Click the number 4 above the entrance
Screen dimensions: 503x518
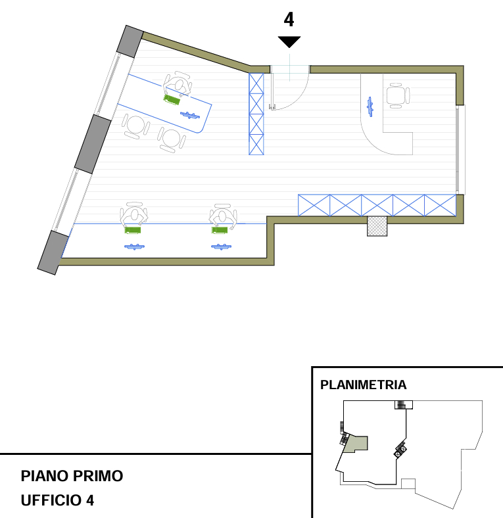tap(289, 20)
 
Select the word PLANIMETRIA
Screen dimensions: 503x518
tap(363, 385)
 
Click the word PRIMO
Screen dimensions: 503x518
tap(98, 476)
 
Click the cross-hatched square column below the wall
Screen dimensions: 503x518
tap(377, 226)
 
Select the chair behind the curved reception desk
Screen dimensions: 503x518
tap(398, 95)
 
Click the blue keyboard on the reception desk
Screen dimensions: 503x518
tap(370, 106)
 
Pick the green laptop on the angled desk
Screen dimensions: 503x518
tap(172, 100)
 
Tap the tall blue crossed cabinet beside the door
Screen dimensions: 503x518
tap(256, 114)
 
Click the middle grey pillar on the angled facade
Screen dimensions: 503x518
tap(93, 144)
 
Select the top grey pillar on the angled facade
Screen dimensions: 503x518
tap(130, 41)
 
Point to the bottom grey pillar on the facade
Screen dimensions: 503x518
tap(53, 252)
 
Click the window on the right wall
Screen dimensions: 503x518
tap(460, 150)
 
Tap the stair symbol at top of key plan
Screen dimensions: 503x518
tap(404, 405)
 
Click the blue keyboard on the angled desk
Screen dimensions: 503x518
tap(190, 115)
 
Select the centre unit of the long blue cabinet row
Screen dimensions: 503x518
tap(377, 205)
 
